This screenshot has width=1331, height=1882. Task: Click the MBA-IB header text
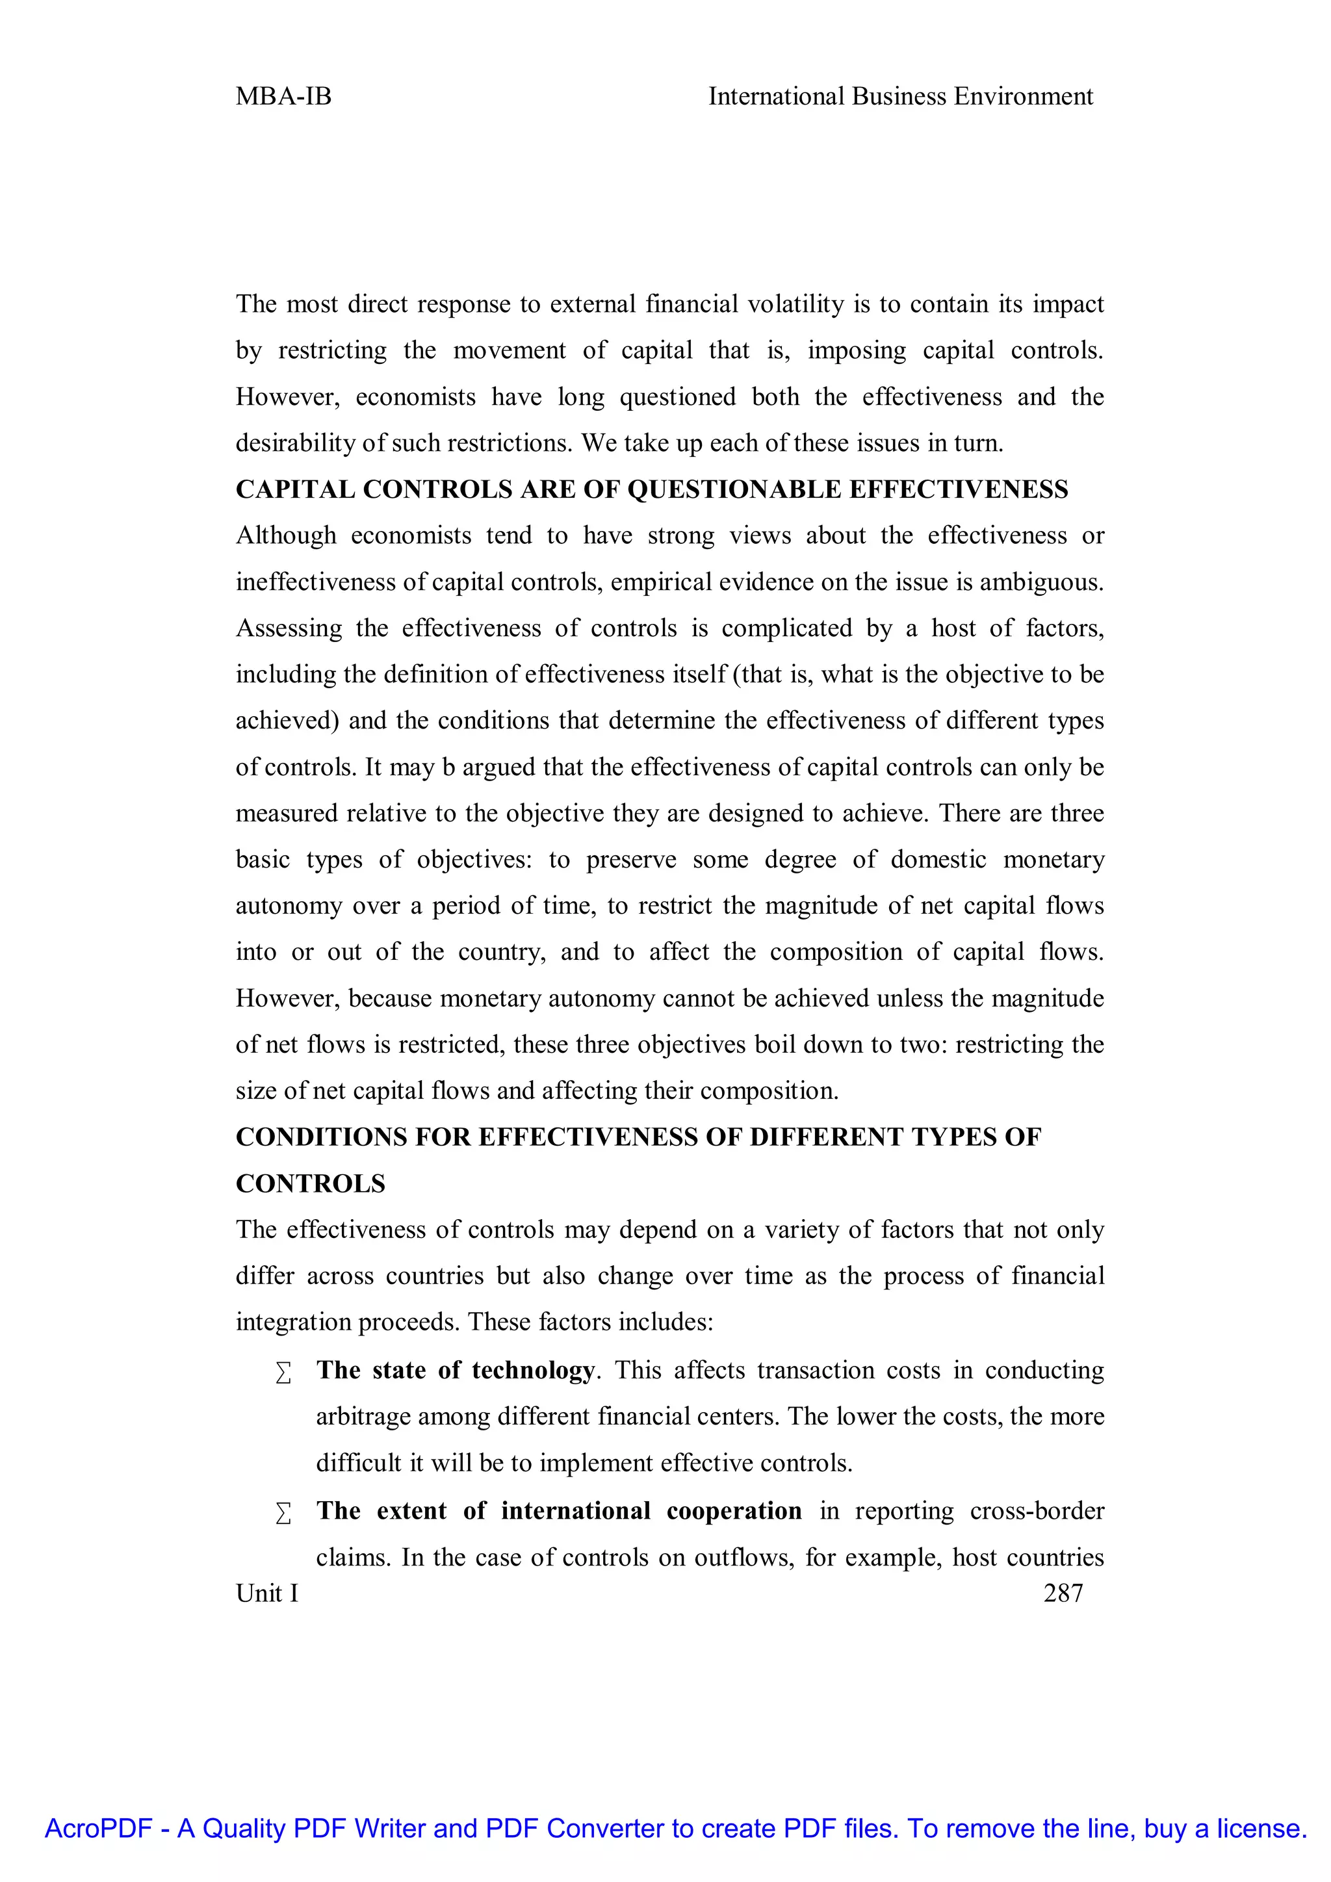tap(283, 97)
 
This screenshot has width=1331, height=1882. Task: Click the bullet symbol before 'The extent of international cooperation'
tap(283, 1512)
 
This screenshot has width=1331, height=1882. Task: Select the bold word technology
tap(533, 1371)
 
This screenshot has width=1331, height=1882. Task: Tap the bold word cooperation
tap(734, 1511)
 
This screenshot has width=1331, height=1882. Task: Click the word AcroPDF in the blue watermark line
tap(98, 1829)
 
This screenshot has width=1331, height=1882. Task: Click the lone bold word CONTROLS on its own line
tap(311, 1183)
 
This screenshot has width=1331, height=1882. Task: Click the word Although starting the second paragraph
tap(286, 536)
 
